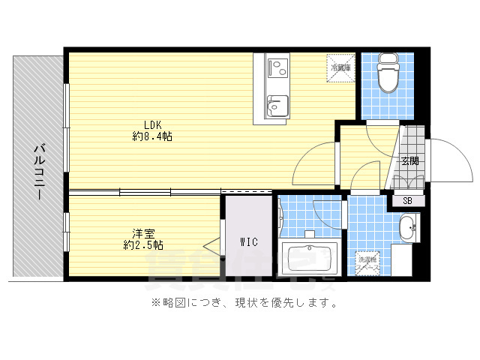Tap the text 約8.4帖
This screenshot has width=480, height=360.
click(153, 136)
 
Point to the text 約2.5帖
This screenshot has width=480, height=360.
click(143, 245)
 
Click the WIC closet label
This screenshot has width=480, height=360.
click(250, 241)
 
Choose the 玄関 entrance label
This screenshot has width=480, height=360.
click(409, 160)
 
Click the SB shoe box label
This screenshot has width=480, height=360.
click(407, 200)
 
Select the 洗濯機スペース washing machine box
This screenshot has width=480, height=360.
click(368, 263)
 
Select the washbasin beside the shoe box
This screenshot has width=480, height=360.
click(409, 228)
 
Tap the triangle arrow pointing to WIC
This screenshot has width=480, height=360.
click(212, 245)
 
